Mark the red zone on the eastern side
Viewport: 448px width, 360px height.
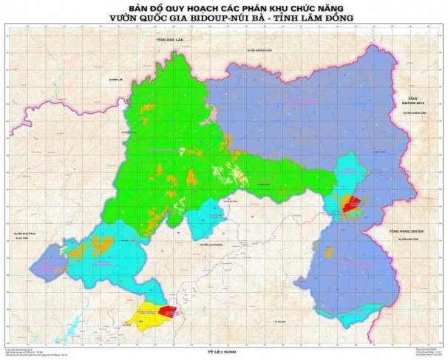[x=350, y=203]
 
